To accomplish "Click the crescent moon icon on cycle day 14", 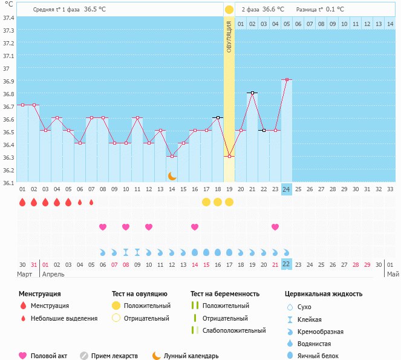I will pos(172,175).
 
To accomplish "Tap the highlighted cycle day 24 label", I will pos(287,189).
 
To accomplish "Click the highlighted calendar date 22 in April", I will pos(287,264).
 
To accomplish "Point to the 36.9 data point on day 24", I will pos(287,79).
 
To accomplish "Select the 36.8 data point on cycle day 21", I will pos(252,93).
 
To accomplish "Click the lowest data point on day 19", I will pos(229,157).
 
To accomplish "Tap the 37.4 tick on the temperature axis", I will pos(8,18).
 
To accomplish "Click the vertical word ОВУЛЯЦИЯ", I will pos(229,36).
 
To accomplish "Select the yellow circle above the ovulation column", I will pos(229,10).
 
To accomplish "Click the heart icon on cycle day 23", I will pos(275,227).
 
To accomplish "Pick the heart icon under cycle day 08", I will pos(103,227).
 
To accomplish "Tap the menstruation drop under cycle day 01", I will pos(22,202).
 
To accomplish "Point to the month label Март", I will pos(25,273).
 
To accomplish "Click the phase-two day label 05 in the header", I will pos(287,24).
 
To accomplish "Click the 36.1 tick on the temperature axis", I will pos(8,182).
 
